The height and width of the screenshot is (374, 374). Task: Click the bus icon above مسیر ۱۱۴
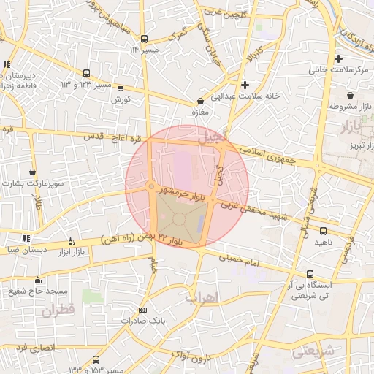coord(143,39)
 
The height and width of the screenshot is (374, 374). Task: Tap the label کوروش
coord(122,98)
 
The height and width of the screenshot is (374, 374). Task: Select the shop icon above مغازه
coord(201,102)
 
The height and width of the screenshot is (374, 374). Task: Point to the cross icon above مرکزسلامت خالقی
coord(337,58)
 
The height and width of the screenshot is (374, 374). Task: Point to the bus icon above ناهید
coord(323,230)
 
